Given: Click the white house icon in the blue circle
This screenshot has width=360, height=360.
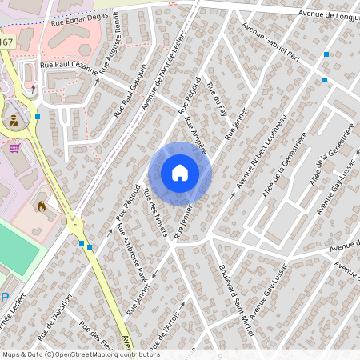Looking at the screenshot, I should [x=179, y=172].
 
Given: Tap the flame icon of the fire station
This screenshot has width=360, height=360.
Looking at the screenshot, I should [x=42, y=206].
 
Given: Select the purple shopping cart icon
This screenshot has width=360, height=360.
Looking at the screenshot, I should [x=14, y=146].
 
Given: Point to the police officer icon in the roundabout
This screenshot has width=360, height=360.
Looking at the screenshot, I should [x=14, y=121].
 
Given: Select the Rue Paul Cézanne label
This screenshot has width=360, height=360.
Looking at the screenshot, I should [x=69, y=70].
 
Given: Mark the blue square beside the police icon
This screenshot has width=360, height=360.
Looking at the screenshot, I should [x=38, y=117].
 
